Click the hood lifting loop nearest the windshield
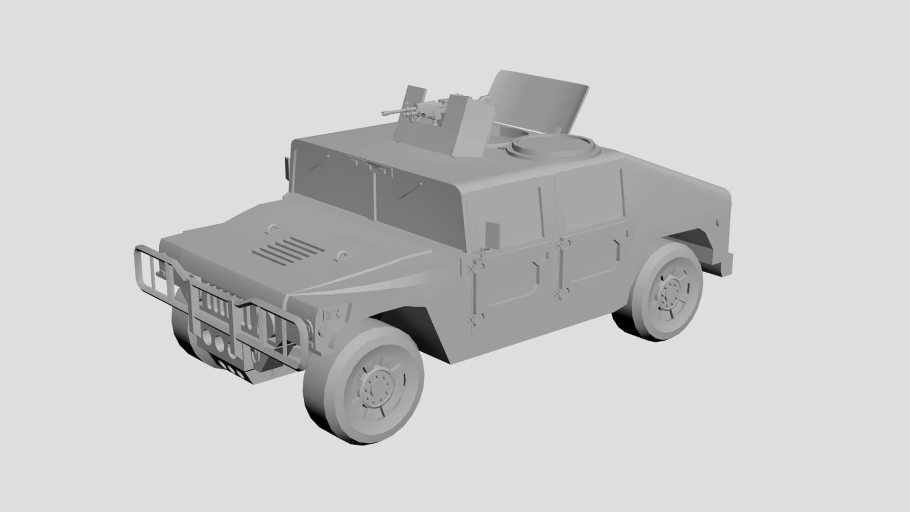(273, 228)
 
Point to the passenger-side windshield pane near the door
(417, 199)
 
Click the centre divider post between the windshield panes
(374, 194)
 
